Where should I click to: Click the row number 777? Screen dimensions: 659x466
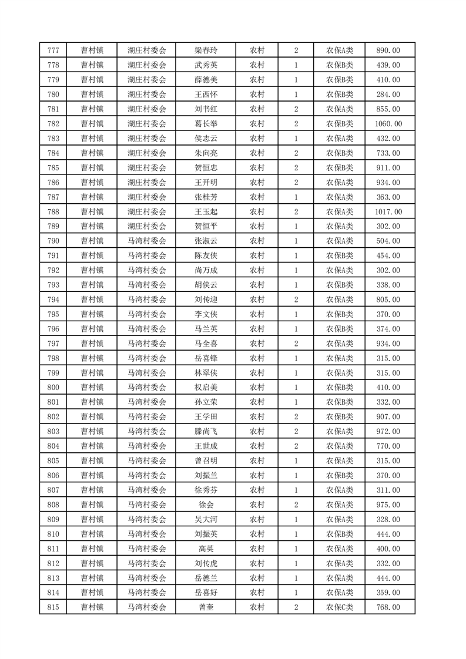[52, 51]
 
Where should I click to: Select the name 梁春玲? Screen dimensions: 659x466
[206, 51]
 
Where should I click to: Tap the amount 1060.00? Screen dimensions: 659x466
[388, 124]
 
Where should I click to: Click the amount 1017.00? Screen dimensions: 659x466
[388, 212]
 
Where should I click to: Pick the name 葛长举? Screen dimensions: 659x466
[206, 124]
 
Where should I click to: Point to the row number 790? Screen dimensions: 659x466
[52, 241]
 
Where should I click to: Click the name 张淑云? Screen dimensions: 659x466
[206, 241]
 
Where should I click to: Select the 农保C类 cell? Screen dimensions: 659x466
[340, 608]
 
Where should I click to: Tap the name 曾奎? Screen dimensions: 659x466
[206, 608]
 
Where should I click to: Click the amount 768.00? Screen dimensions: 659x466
[388, 608]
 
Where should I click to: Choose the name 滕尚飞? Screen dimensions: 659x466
[206, 432]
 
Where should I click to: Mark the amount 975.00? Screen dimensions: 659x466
[388, 505]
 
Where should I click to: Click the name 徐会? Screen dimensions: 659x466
[206, 505]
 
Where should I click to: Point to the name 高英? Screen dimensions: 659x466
[206, 549]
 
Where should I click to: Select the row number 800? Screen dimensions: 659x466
[52, 388]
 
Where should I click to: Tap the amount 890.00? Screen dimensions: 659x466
[388, 51]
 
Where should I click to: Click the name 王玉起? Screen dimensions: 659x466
[206, 212]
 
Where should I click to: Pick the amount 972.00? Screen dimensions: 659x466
[388, 432]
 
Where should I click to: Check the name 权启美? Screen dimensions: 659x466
[206, 388]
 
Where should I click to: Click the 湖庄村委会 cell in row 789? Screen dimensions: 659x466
[147, 227]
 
